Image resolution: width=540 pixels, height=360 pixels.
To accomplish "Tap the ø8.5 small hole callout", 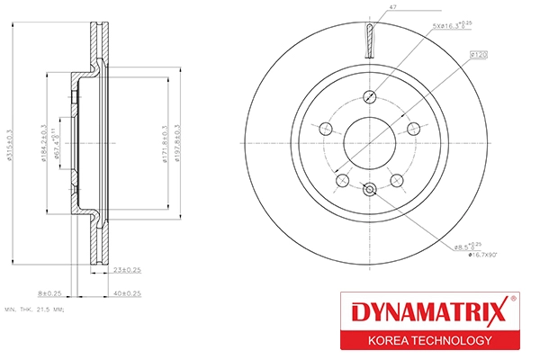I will (469, 245).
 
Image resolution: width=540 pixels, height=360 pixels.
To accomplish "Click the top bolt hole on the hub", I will (368, 98).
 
